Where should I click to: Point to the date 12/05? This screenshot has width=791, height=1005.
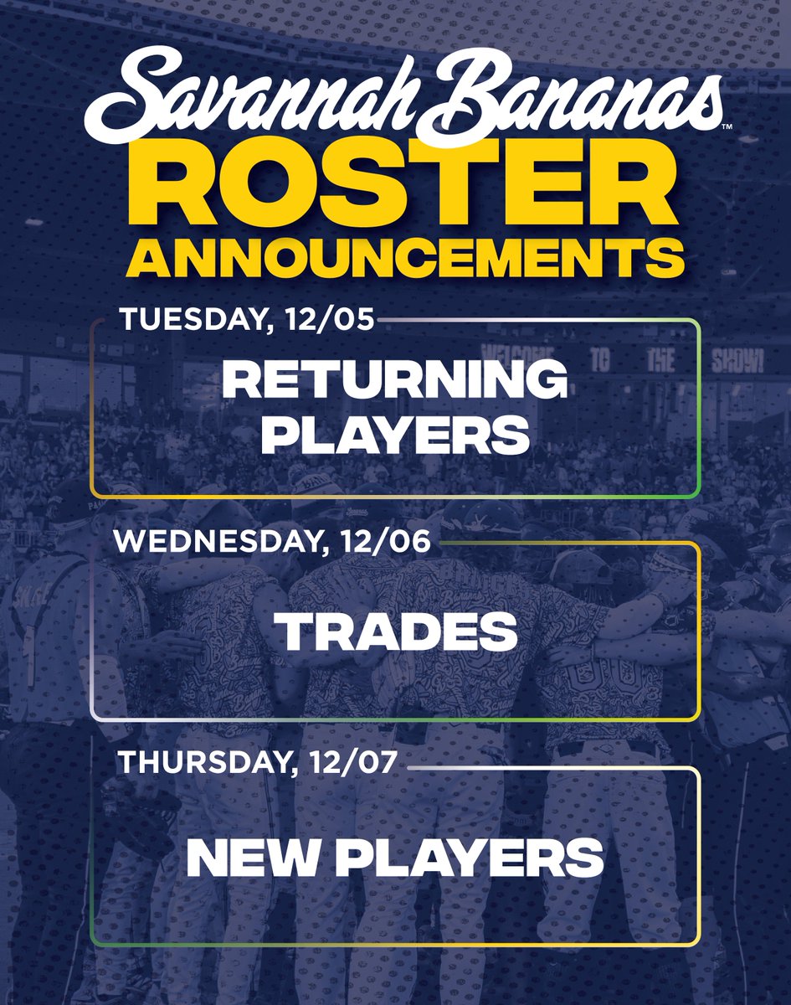[x=344, y=320]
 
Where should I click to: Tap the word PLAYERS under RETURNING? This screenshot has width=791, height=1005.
[x=394, y=436]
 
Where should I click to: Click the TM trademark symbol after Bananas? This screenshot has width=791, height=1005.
[x=726, y=126]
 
